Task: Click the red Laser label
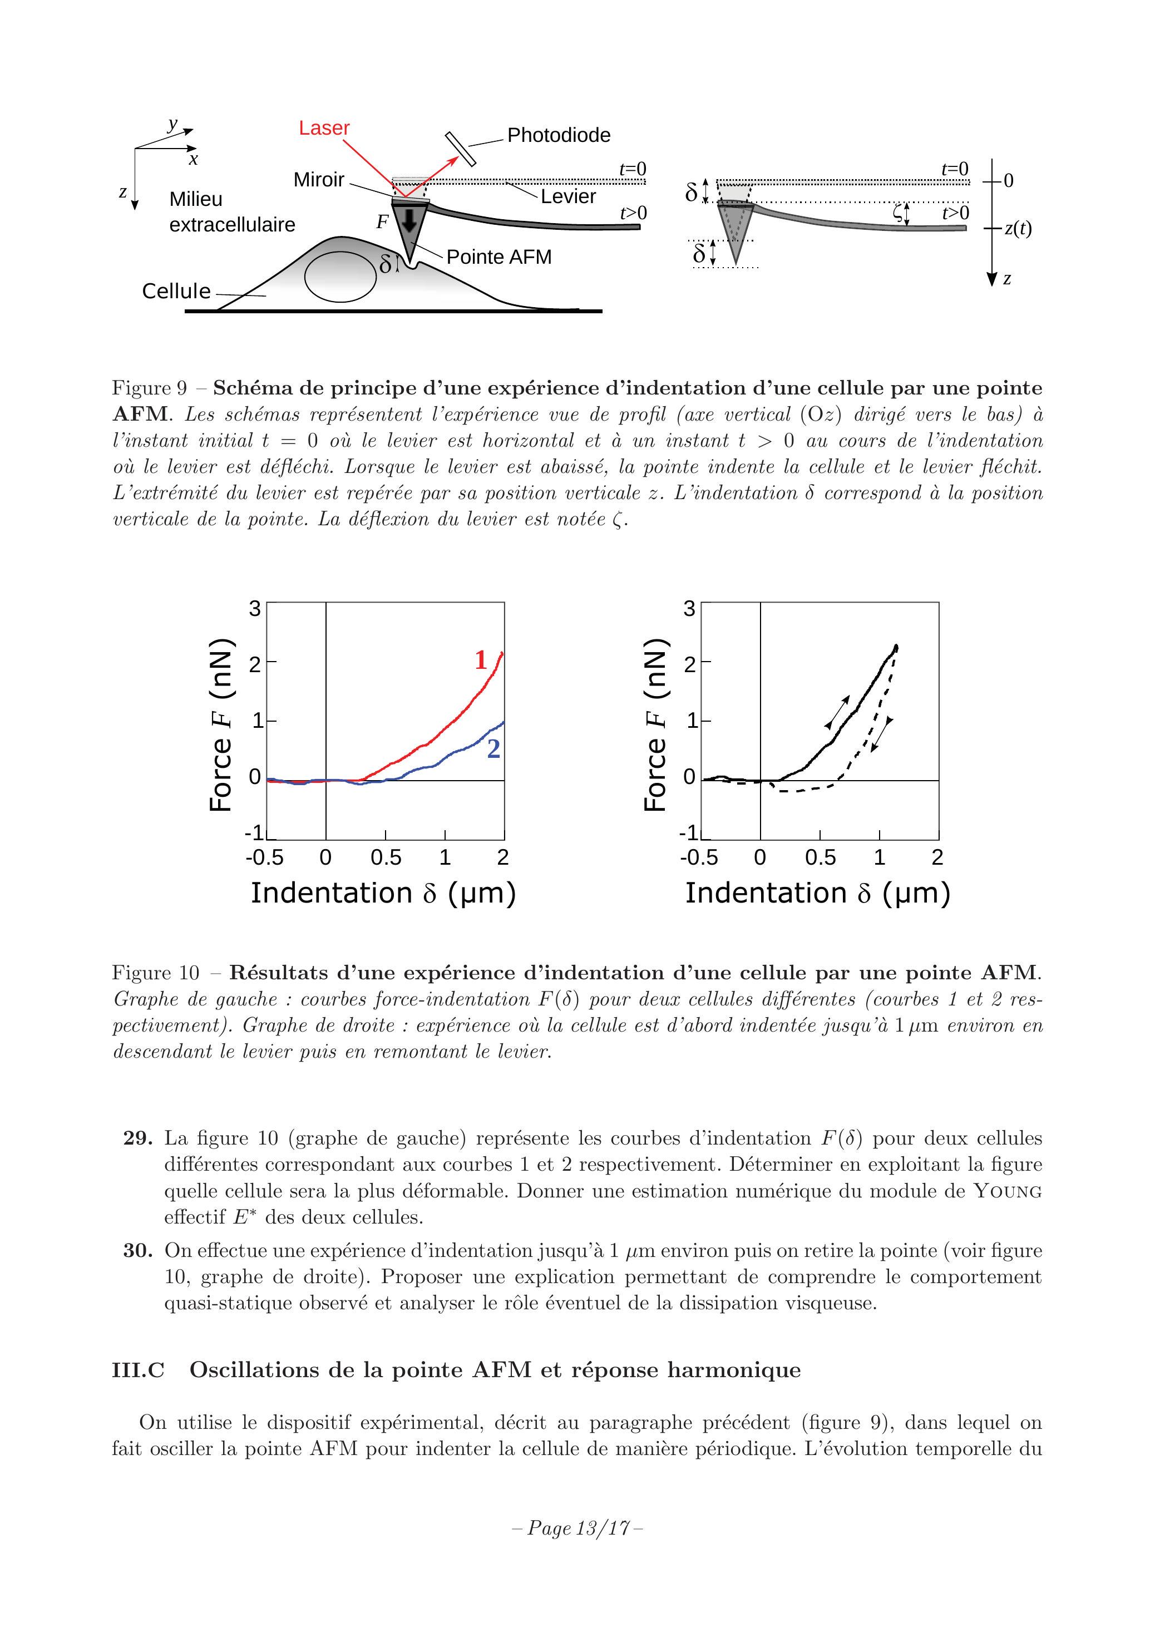click(324, 129)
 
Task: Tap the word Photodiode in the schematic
click(559, 135)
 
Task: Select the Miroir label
click(319, 180)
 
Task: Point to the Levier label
click(568, 196)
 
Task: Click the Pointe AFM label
click(499, 257)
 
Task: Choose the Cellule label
click(176, 291)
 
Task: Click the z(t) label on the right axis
click(1018, 229)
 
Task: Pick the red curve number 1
click(480, 660)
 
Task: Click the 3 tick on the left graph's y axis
click(254, 609)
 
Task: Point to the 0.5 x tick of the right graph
click(821, 858)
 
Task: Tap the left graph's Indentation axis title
click(383, 893)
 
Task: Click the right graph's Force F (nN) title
click(655, 724)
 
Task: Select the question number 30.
click(138, 1251)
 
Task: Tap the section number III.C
click(138, 1370)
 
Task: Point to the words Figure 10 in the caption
click(156, 973)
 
